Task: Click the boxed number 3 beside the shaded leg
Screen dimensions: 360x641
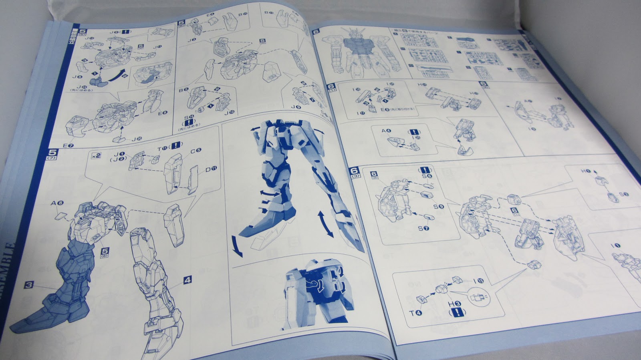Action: pyautogui.click(x=29, y=285)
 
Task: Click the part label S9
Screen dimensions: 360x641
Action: pyautogui.click(x=439, y=207)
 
